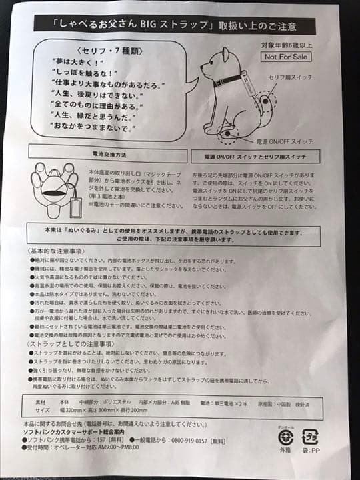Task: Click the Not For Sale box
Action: click(284, 57)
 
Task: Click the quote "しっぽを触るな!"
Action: click(83, 71)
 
